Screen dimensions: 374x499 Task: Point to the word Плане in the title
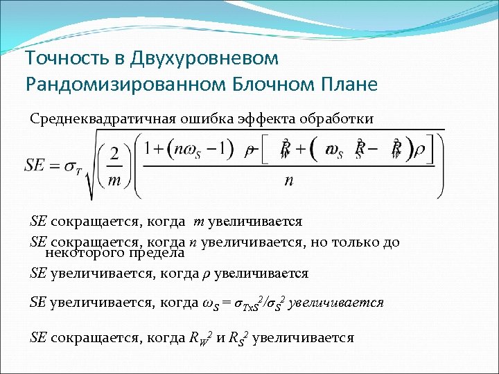[x=353, y=84]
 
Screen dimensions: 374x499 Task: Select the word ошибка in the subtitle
[x=202, y=118]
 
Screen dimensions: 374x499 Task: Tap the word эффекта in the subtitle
[x=267, y=118]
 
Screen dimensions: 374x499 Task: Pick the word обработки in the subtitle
[x=337, y=118]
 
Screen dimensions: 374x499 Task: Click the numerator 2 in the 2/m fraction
[x=115, y=152]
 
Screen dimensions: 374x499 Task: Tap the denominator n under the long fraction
[x=288, y=181]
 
